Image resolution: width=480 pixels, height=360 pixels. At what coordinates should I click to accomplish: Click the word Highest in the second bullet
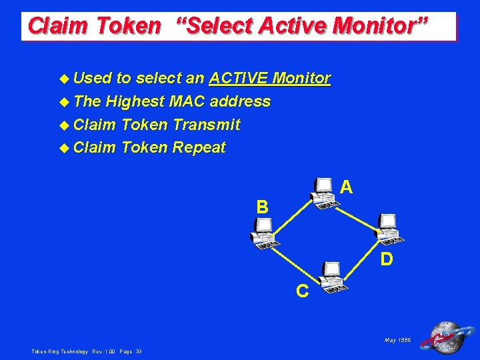pyautogui.click(x=135, y=101)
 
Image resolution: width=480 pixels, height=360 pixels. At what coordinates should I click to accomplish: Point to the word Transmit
pyautogui.click(x=206, y=125)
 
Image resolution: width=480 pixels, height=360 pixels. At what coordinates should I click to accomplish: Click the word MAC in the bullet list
pyautogui.click(x=189, y=101)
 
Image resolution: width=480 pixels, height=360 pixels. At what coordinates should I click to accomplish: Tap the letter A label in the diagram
pyautogui.click(x=346, y=189)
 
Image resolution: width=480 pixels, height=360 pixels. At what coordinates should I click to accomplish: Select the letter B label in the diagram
pyautogui.click(x=263, y=207)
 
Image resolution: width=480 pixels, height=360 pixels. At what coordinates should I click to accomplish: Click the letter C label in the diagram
pyautogui.click(x=302, y=291)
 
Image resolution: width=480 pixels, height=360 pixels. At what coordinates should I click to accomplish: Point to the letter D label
pyautogui.click(x=386, y=258)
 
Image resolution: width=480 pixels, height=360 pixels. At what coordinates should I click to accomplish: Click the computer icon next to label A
pyautogui.click(x=325, y=193)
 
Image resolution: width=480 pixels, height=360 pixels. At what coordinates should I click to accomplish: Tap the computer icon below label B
pyautogui.click(x=263, y=233)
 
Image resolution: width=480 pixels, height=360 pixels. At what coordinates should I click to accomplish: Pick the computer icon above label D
pyautogui.click(x=387, y=228)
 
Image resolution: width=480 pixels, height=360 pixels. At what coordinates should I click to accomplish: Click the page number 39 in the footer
pyautogui.click(x=138, y=351)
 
